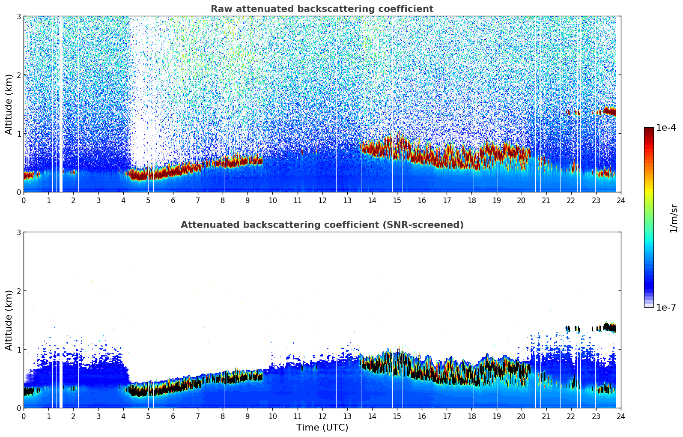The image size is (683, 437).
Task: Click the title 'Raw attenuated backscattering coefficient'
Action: tap(322, 9)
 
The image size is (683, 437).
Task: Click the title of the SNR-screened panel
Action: tap(322, 225)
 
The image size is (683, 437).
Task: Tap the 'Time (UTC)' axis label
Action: tap(322, 427)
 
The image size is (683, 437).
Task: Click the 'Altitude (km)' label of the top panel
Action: tap(9, 104)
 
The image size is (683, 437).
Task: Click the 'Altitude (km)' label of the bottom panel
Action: tap(9, 320)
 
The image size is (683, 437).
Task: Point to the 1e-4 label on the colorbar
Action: tap(666, 128)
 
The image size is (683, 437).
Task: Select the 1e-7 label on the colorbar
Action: tap(666, 307)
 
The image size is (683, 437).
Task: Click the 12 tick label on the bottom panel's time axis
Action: tap(322, 416)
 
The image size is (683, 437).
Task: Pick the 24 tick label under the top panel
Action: tap(620, 200)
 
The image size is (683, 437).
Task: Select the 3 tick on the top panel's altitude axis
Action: tap(19, 16)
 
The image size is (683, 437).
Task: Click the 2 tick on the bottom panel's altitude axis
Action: tap(19, 291)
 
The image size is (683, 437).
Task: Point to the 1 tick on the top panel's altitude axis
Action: tap(19, 134)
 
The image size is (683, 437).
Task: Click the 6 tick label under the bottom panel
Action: tap(173, 416)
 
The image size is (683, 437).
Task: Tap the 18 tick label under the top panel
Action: tap(471, 200)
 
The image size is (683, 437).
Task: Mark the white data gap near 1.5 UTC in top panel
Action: tap(60, 103)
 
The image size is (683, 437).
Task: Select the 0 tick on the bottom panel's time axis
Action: tap(24, 416)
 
